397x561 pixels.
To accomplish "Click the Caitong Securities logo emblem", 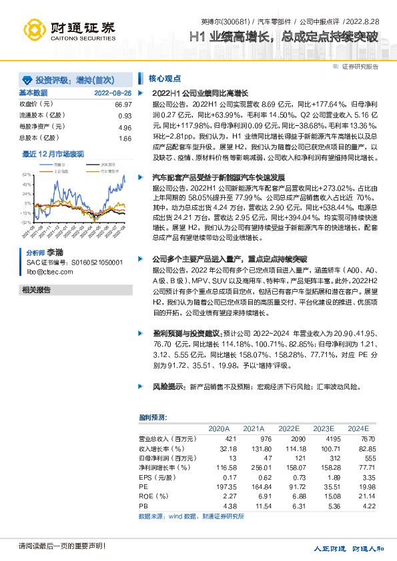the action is (34, 29).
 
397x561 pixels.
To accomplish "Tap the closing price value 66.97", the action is (123, 105).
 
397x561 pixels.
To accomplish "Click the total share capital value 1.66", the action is (125, 138).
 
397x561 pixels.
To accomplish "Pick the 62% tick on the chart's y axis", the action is (26, 173).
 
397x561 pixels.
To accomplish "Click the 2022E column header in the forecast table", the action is (289, 428).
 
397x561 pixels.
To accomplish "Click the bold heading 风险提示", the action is (170, 386).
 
